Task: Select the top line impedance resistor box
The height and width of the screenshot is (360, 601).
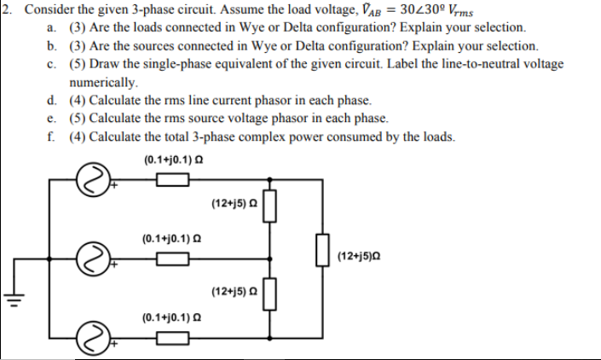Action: [173, 179]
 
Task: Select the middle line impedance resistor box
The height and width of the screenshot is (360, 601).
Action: [173, 261]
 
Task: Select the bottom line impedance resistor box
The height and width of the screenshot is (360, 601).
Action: [173, 340]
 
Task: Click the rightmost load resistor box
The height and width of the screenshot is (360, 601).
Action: [322, 253]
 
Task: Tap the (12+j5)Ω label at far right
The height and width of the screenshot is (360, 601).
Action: [361, 254]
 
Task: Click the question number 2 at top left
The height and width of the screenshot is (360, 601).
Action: [5, 9]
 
